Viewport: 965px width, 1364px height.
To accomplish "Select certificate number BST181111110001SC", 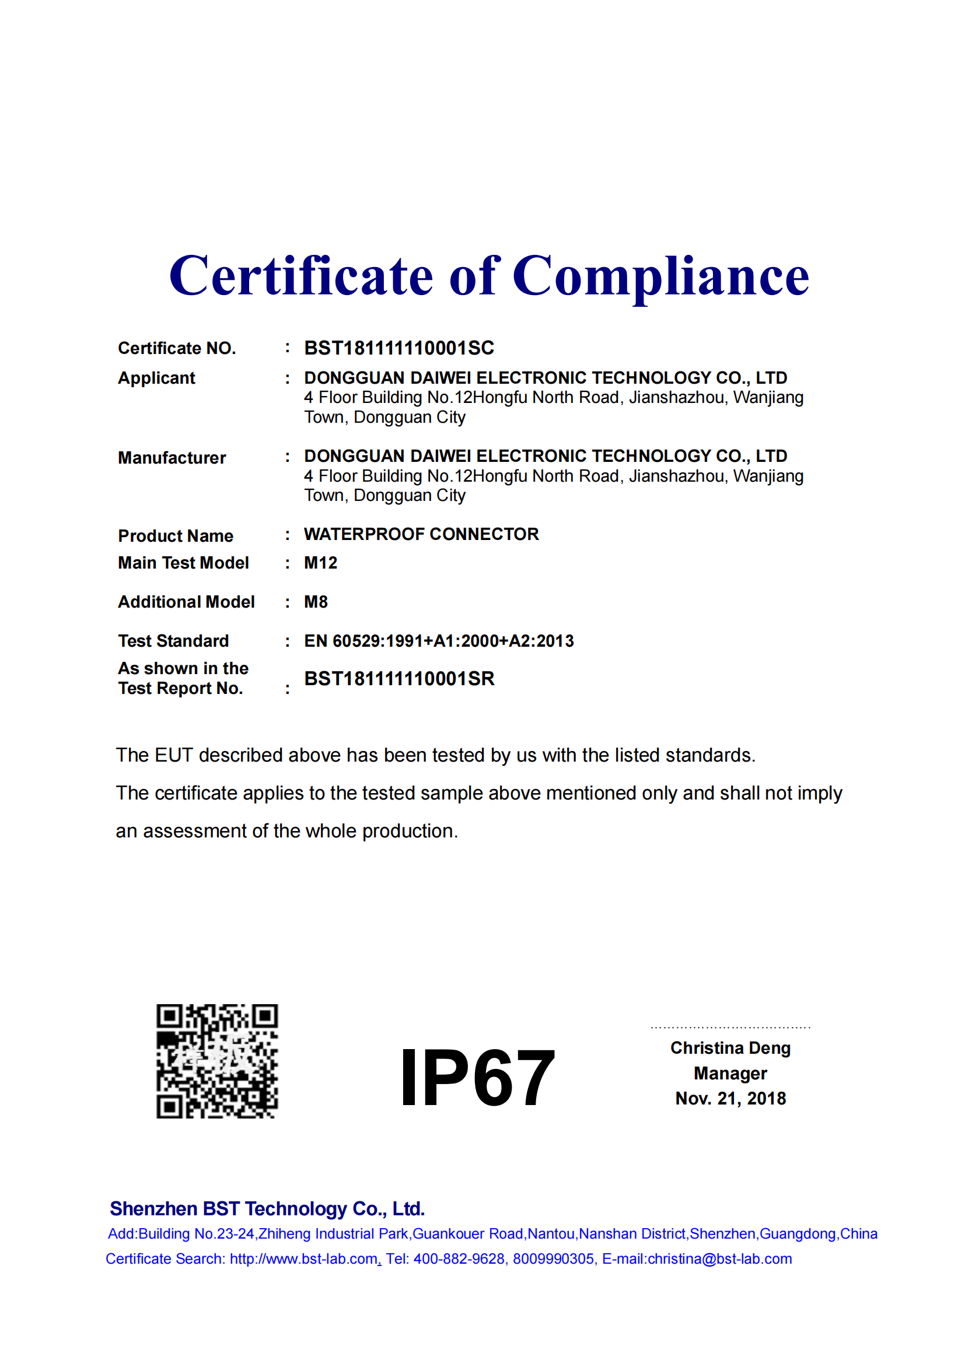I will click(x=398, y=348).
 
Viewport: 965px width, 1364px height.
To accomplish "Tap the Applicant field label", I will click(x=156, y=378).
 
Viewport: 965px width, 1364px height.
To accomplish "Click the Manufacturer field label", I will click(x=172, y=457).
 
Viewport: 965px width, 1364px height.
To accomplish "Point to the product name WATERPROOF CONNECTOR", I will click(x=421, y=534).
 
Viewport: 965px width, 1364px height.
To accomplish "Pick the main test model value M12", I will click(x=320, y=563).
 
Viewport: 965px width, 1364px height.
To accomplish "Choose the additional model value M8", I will click(x=316, y=602).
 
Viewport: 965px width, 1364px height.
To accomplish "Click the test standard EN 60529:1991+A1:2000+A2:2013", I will click(x=439, y=641).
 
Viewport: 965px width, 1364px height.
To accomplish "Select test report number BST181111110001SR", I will click(x=399, y=678).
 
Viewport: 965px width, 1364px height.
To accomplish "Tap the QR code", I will click(x=217, y=1061).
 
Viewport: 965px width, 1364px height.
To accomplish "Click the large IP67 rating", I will click(x=477, y=1078).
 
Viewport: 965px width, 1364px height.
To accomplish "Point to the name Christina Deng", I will click(x=730, y=1048).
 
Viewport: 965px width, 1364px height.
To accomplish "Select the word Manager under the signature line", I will click(x=730, y=1074).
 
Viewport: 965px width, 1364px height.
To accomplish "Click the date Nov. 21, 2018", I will click(x=730, y=1099).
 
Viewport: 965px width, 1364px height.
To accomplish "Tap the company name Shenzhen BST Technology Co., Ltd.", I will click(x=267, y=1208).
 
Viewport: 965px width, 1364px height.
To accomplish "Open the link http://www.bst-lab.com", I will click(x=303, y=1259).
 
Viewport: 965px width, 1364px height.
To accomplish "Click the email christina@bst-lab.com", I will click(x=719, y=1259).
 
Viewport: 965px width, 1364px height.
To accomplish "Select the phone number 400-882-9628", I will click(x=459, y=1259).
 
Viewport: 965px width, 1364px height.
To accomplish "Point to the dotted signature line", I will click(x=730, y=1027).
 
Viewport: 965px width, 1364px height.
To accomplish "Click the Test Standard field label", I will click(x=173, y=641).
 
